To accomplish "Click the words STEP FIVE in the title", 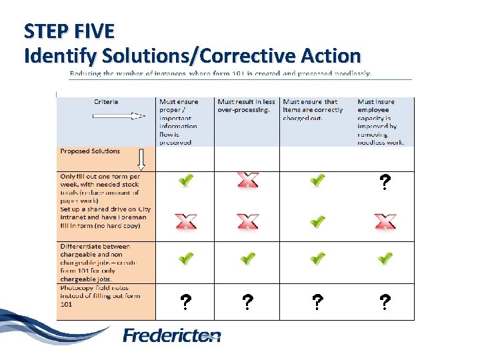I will (69, 31).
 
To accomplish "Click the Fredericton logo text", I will (172, 335).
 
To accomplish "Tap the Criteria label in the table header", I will (106, 102).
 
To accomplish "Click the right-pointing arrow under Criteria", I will (119, 115).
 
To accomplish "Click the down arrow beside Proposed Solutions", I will (141, 159).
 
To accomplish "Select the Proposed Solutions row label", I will (90, 151).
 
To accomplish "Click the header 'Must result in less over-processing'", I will (246, 106).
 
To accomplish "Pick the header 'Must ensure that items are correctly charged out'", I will (313, 110).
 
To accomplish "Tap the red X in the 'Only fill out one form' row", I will (247, 181).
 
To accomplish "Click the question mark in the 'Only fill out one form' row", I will (385, 182).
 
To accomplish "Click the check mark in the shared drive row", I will (317, 221).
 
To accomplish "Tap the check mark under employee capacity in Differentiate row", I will (385, 258).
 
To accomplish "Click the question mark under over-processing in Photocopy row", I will (247, 303).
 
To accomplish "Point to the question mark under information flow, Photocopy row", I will (185, 303).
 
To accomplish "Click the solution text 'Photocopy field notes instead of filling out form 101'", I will (100, 296).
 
